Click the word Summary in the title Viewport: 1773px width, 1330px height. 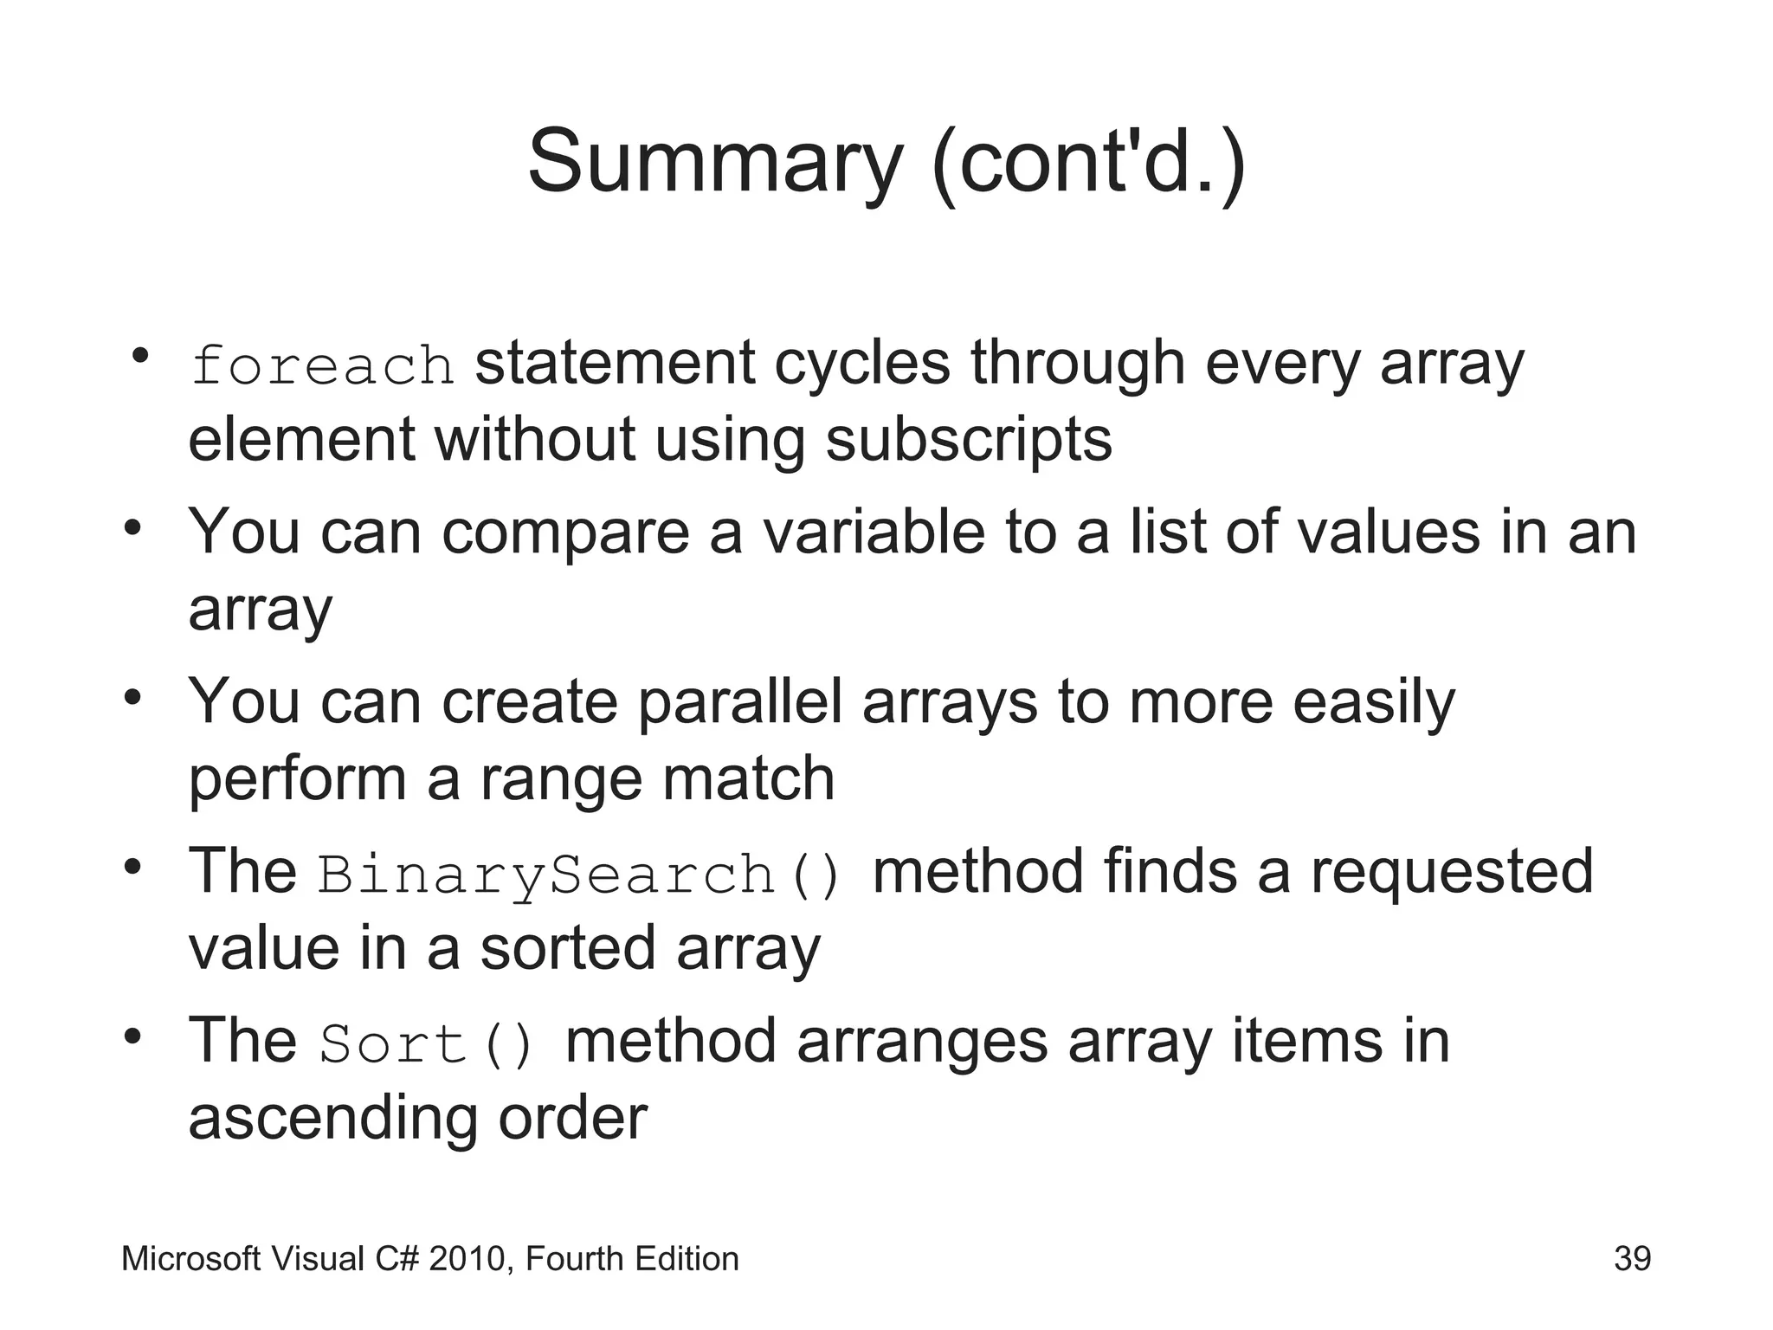tap(715, 163)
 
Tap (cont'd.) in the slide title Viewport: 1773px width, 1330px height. tap(1089, 163)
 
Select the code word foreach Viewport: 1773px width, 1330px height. tap(322, 365)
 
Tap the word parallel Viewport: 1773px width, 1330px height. tap(739, 701)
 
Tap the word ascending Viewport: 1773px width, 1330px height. tap(332, 1119)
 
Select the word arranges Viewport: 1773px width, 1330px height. tap(922, 1042)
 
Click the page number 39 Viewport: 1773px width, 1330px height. tap(1632, 1259)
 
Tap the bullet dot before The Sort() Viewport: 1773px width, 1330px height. tap(132, 1036)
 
